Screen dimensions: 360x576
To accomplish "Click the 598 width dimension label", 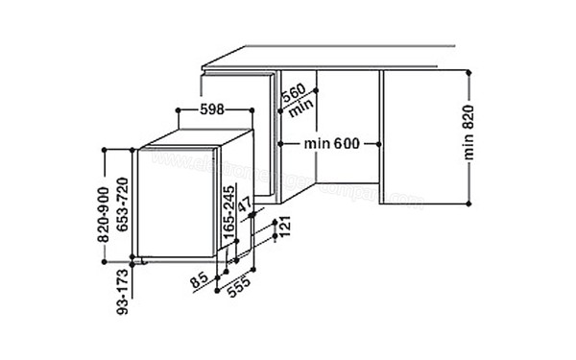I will click(212, 109).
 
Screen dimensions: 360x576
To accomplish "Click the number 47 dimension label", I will click(245, 204).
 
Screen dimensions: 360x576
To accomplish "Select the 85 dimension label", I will click(200, 282).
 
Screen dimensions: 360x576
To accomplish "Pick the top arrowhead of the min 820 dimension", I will click(468, 73).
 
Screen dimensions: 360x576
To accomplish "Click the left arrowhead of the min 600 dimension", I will click(278, 144).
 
